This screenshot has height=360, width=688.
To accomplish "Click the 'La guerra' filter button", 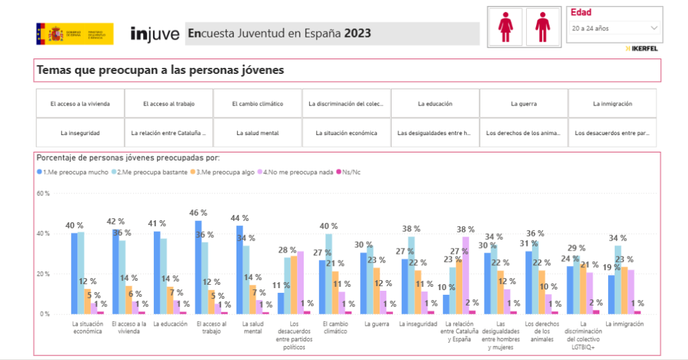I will [523, 104].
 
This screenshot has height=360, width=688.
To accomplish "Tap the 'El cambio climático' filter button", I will [257, 104].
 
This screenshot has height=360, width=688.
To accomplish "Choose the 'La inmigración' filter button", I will [612, 104].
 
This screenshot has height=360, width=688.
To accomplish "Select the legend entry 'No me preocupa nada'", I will [300, 173].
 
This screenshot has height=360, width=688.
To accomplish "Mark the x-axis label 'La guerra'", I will [376, 324].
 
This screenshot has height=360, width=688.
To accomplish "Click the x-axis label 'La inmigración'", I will [624, 324].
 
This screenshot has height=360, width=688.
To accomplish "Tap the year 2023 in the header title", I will [358, 34].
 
